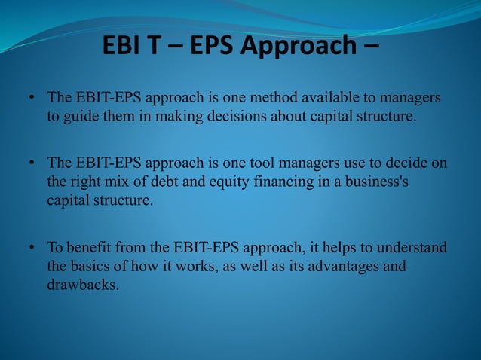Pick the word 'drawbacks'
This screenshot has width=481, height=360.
(x=81, y=285)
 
